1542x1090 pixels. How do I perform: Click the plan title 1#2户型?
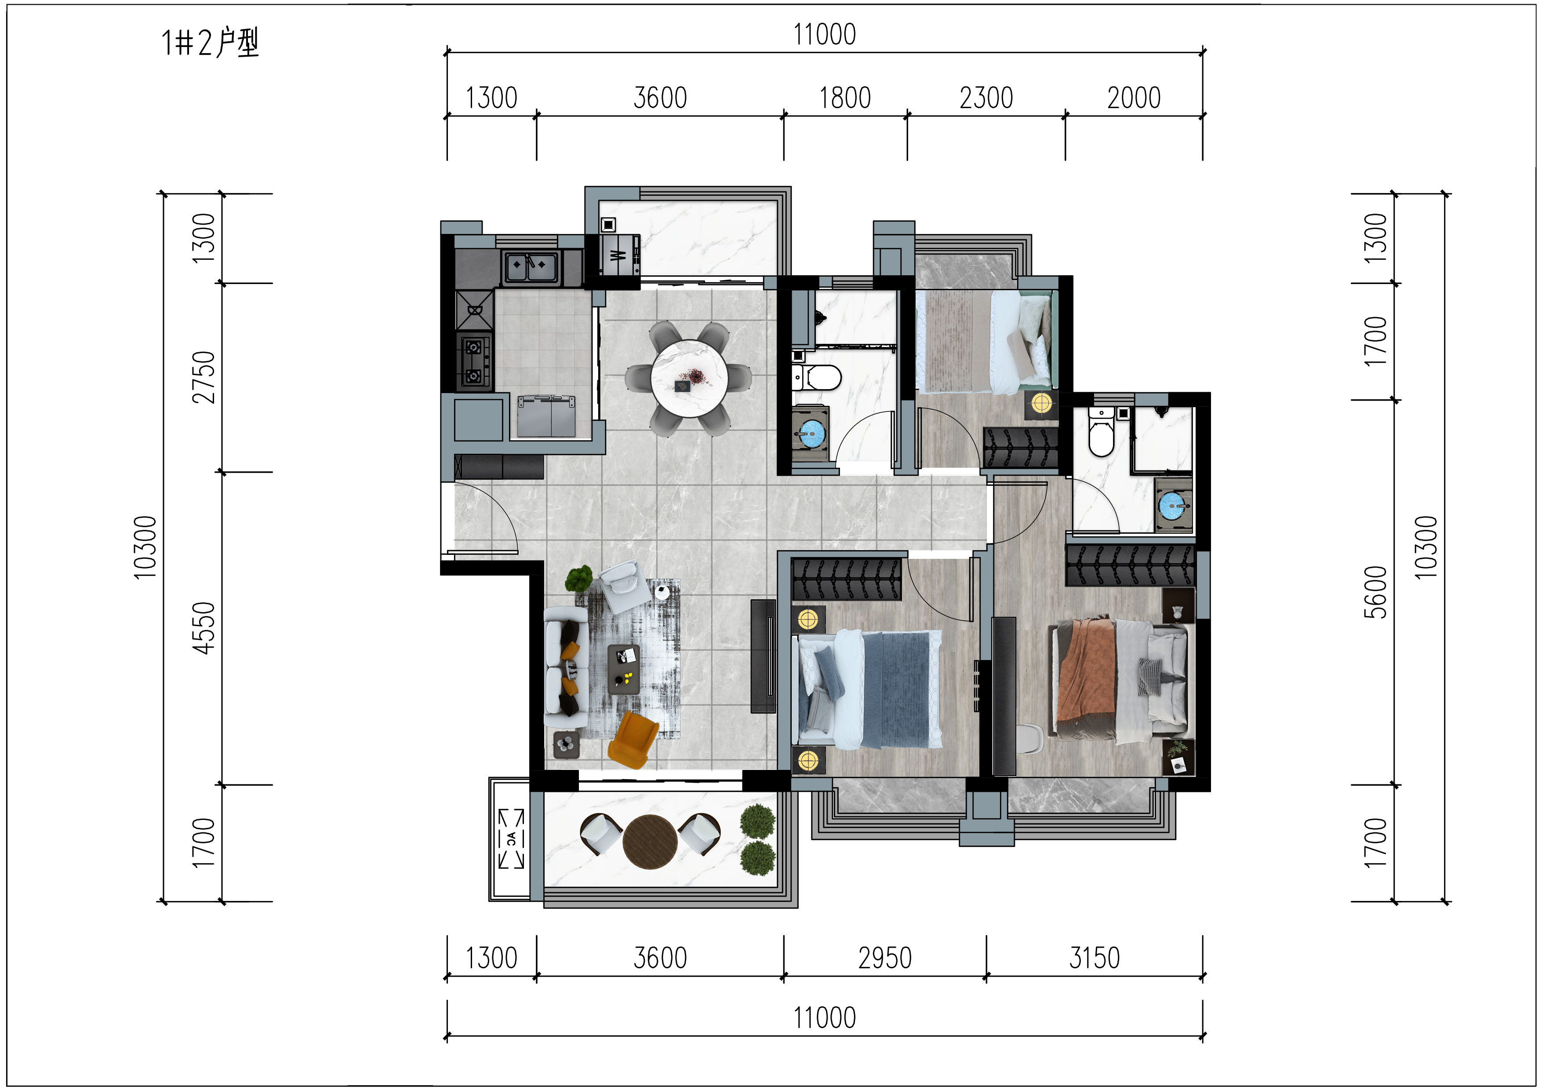click(210, 43)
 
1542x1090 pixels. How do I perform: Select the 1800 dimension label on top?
click(844, 98)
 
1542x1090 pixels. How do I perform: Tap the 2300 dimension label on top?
click(986, 98)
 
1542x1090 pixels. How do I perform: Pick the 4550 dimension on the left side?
click(204, 628)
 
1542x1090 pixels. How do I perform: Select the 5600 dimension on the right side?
click(1375, 592)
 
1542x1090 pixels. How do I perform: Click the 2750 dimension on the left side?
click(204, 377)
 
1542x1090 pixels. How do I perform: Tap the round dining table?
click(689, 379)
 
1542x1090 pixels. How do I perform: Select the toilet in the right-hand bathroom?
click(1102, 433)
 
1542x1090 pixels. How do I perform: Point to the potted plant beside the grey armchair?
click(579, 578)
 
